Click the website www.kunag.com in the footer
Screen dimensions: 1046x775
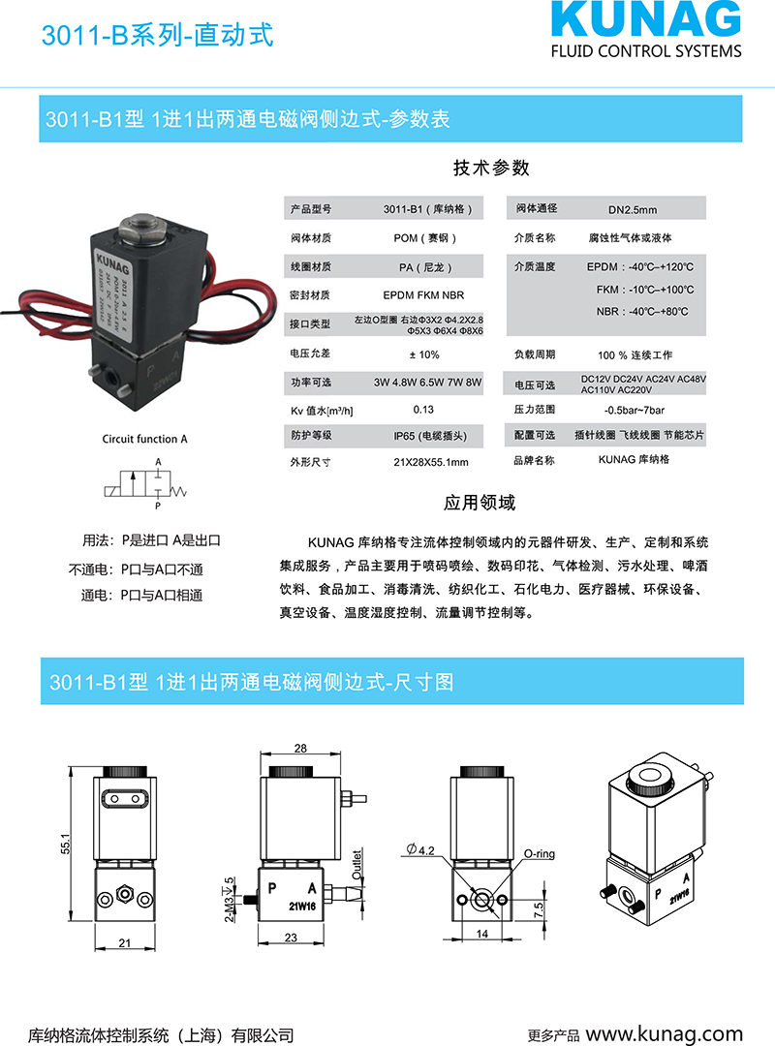664,1033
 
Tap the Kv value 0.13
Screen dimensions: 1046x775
423,410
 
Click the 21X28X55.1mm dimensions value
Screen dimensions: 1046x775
424,462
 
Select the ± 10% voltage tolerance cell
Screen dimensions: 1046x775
423,354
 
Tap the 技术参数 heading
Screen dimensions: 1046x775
492,168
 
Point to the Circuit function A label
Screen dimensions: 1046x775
145,439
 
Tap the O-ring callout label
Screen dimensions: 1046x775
540,855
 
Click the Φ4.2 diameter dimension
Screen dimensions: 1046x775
424,849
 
